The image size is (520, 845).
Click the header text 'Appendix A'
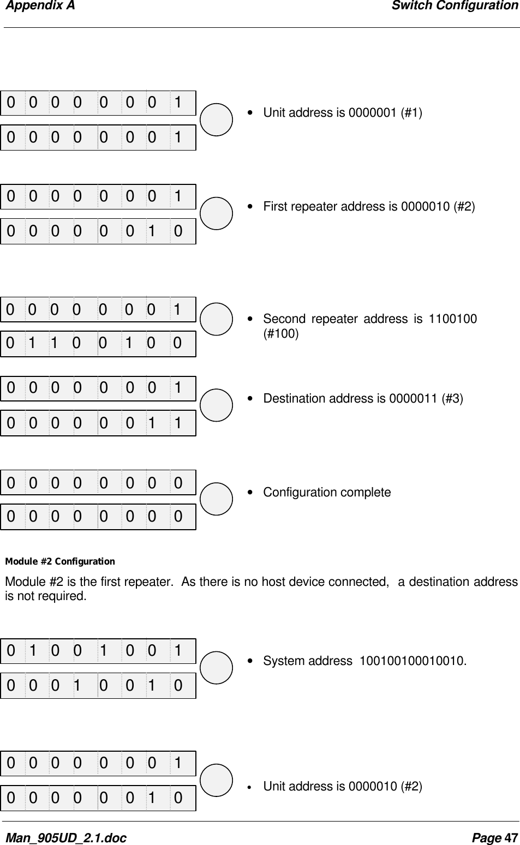coord(40,6)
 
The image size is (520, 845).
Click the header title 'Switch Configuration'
coord(455,6)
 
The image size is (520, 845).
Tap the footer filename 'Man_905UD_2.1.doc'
coord(65,837)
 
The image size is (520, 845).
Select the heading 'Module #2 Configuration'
coord(60,561)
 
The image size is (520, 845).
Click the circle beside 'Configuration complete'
coord(217,499)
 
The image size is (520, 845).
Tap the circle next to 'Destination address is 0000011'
coord(217,405)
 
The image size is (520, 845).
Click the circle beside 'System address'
coord(217,667)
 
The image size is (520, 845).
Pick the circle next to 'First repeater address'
coord(217,213)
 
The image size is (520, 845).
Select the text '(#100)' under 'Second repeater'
coord(281,333)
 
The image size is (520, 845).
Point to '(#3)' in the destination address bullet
coord(453,399)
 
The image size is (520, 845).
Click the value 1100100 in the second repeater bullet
coord(453,319)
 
